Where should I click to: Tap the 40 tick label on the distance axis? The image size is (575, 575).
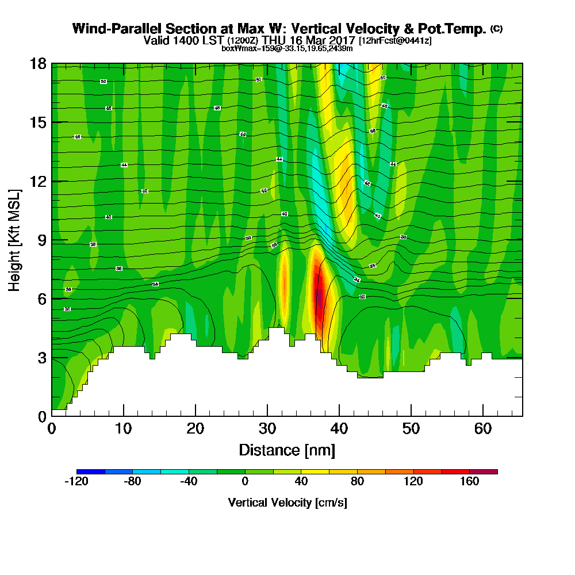(x=339, y=429)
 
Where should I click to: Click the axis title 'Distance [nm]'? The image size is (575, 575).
(x=287, y=450)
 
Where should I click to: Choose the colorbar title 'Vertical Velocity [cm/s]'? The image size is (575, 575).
(x=287, y=503)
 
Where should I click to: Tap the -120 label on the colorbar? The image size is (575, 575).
(x=76, y=482)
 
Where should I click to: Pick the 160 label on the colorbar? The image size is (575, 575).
(x=470, y=482)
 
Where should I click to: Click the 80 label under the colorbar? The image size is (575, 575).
(x=358, y=482)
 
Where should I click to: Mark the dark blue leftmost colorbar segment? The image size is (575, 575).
(x=90, y=471)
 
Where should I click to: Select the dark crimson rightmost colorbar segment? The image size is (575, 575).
(x=484, y=471)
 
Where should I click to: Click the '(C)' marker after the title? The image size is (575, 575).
(x=496, y=29)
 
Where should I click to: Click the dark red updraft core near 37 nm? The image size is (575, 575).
(x=319, y=296)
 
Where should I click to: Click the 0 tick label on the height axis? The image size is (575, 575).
(x=41, y=416)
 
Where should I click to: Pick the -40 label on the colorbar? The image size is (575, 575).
(x=189, y=482)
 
